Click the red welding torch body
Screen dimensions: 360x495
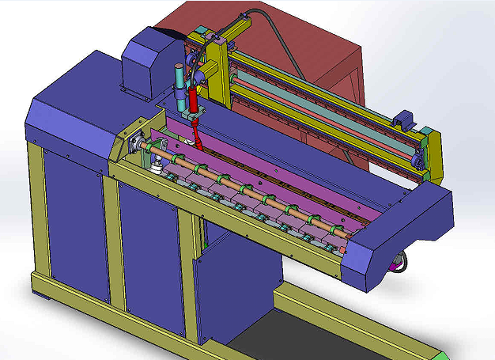click(x=192, y=100)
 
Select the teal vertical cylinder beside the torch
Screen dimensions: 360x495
click(x=179, y=80)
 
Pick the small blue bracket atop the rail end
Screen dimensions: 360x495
click(x=403, y=118)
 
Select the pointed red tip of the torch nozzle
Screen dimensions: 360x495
click(x=200, y=146)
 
